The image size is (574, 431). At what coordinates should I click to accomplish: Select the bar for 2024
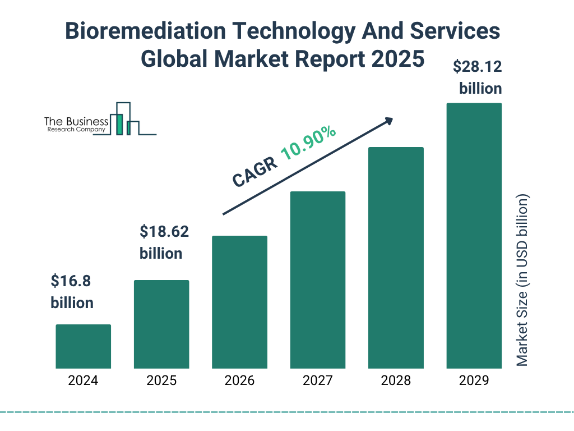[83, 346]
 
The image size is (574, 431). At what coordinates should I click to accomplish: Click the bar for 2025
[161, 324]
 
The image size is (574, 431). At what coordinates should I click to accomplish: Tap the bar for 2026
[239, 302]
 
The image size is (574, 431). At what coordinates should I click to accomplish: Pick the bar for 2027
[317, 280]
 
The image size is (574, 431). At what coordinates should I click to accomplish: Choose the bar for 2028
[396, 258]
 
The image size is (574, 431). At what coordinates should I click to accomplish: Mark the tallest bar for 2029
[474, 236]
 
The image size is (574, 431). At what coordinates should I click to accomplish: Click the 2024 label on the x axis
[83, 380]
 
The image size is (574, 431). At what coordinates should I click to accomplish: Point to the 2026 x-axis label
[239, 380]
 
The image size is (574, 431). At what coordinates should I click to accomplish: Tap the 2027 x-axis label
[317, 380]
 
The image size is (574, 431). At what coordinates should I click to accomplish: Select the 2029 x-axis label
[474, 380]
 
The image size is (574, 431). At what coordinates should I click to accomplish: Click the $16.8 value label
[72, 280]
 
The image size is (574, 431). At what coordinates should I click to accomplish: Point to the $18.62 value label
[164, 231]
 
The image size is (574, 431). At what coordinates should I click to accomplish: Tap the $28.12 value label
[477, 67]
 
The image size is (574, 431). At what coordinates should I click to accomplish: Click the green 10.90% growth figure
[308, 144]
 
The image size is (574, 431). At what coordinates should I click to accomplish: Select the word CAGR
[254, 171]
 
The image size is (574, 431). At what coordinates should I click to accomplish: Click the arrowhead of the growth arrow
[388, 121]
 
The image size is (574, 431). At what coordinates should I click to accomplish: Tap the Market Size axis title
[522, 281]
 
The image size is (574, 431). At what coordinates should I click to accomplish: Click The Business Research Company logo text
[76, 125]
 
